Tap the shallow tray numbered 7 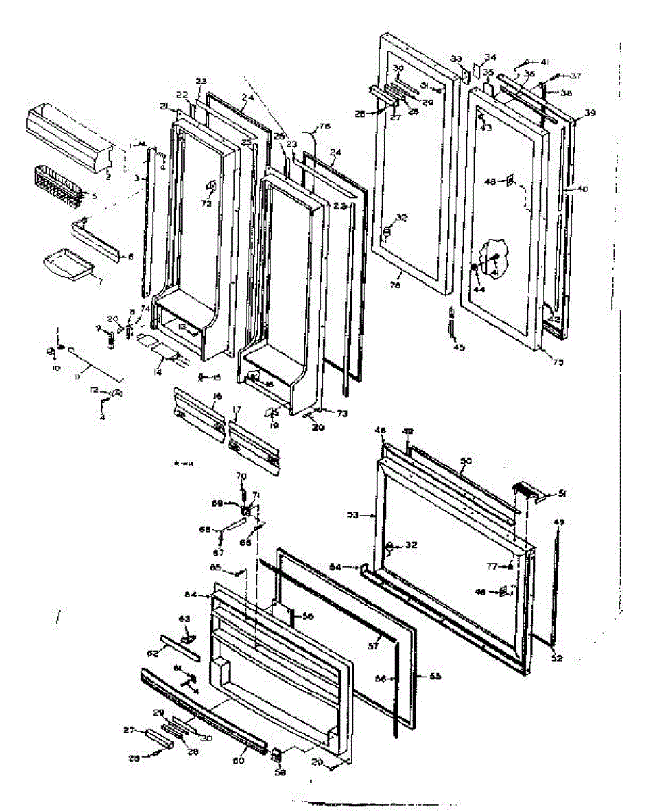[70, 263]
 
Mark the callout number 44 [479, 289]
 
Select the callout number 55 [436, 676]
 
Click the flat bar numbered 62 [180, 647]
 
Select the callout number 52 [556, 658]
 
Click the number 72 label [206, 203]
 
